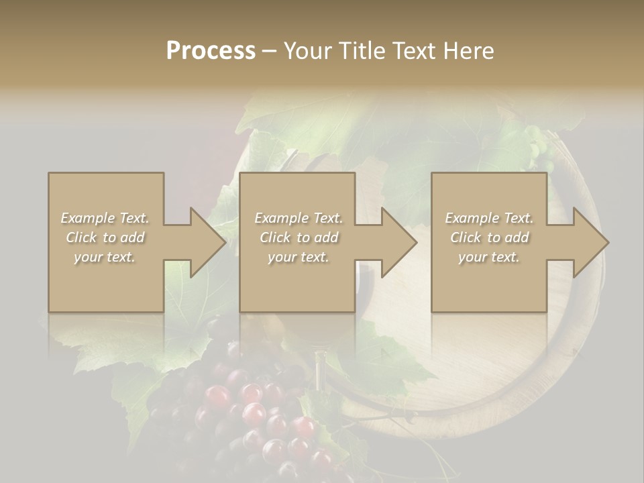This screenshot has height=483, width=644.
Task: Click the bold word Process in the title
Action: coord(211,51)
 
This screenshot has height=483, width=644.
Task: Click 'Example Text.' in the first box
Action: coord(105,218)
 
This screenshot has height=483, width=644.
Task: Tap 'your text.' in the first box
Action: coord(105,257)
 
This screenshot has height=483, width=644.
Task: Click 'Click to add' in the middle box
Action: coord(299,237)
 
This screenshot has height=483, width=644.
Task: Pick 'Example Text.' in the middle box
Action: coord(299,218)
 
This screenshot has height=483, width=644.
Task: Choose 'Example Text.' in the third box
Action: coord(489,218)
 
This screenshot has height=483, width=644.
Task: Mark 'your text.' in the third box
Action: coord(489,257)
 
